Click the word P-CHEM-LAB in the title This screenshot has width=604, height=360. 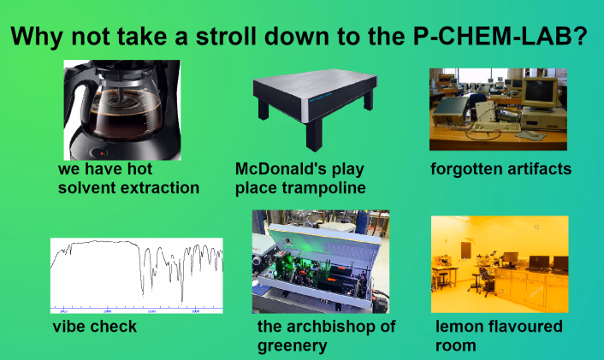(500, 36)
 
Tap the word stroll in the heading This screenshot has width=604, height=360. (226, 36)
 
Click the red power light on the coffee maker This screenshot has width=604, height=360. (102, 153)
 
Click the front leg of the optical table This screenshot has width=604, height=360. (314, 135)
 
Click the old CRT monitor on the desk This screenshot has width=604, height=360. (540, 92)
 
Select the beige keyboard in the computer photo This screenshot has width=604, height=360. (496, 127)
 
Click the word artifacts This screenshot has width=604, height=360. (537, 169)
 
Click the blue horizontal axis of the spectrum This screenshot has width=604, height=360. (136, 309)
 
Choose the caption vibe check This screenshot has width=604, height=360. (95, 327)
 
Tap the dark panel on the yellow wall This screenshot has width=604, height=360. (466, 251)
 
